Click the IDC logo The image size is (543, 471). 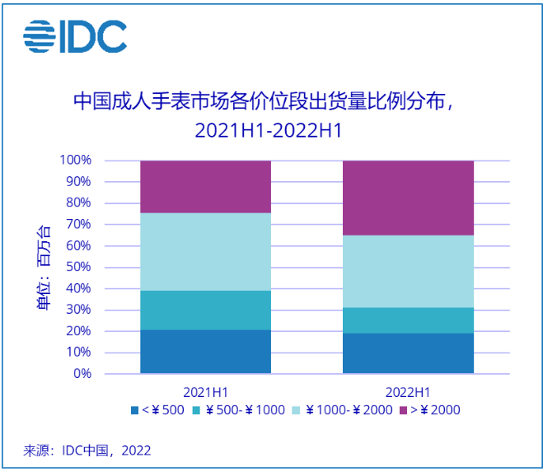click(74, 35)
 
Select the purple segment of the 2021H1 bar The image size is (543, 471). click(205, 187)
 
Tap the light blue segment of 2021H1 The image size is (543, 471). click(205, 252)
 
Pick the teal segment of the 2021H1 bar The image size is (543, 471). click(205, 310)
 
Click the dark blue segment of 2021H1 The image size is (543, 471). click(205, 352)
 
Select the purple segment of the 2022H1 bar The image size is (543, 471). click(408, 198)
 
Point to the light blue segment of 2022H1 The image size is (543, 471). click(408, 272)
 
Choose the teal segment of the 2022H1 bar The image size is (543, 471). click(408, 320)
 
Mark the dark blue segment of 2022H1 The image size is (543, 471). click(408, 353)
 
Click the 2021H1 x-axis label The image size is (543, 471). click(205, 391)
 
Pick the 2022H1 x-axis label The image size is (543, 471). click(408, 391)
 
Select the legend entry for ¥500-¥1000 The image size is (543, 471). click(239, 409)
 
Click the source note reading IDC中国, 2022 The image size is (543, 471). click(87, 450)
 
